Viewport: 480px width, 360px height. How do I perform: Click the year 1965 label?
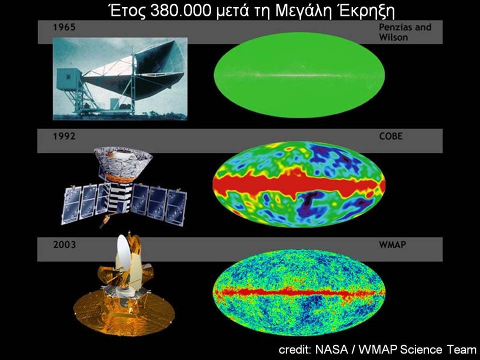[x=64, y=27]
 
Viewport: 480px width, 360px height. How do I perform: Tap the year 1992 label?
[x=64, y=136]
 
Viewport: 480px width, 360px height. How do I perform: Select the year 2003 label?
[x=64, y=244]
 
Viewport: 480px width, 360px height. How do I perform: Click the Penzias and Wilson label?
[x=405, y=32]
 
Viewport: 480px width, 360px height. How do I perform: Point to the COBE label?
[x=391, y=136]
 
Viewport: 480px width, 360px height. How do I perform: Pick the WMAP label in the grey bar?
[x=392, y=244]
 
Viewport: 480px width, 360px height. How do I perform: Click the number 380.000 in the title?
[x=180, y=11]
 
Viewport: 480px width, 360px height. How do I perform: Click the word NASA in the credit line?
[x=331, y=349]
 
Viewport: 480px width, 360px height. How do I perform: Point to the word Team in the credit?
[x=461, y=349]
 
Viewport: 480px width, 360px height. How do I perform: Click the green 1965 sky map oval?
[x=299, y=75]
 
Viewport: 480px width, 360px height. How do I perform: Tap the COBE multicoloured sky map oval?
[x=299, y=184]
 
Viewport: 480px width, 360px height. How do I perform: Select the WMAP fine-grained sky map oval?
[x=299, y=292]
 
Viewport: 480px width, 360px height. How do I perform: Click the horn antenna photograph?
[x=120, y=78]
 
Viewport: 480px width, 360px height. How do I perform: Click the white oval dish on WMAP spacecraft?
[x=123, y=252]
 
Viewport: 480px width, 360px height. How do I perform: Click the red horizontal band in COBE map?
[x=299, y=184]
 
